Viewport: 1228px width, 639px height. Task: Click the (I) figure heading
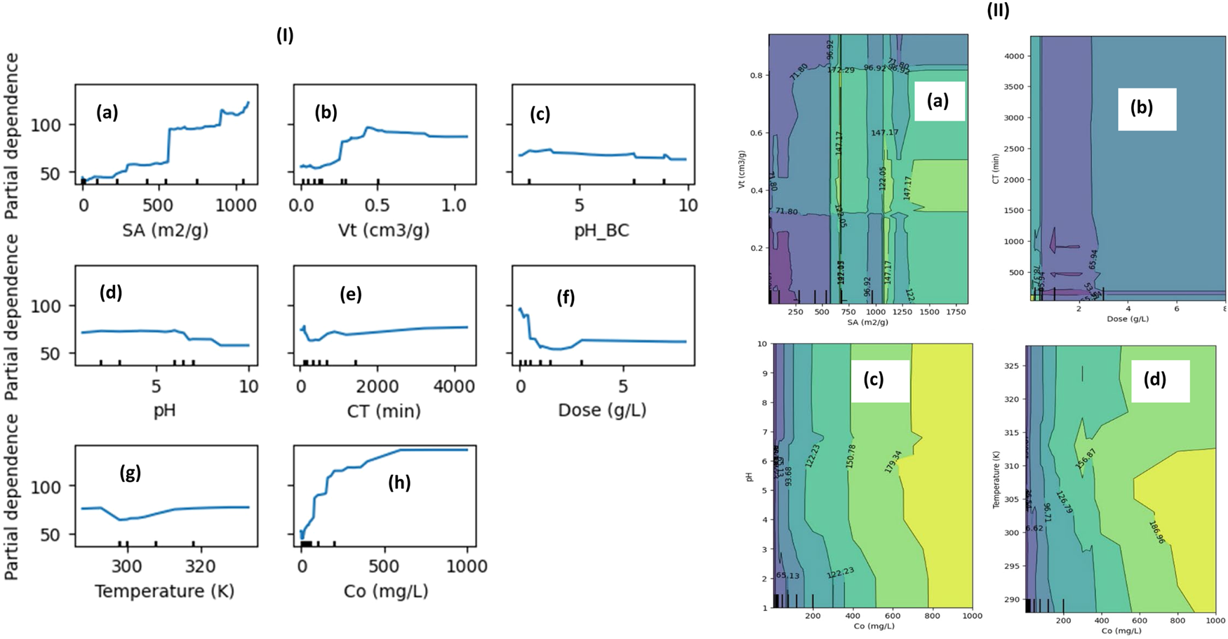(284, 36)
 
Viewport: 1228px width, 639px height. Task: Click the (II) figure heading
(998, 11)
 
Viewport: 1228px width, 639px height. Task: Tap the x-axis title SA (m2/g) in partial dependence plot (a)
(166, 229)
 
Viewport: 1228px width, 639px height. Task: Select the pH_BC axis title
(601, 229)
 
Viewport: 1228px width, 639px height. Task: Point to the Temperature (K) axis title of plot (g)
(164, 591)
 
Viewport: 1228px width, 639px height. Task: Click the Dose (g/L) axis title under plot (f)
(601, 410)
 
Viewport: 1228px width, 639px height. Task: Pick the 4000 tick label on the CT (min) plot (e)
(451, 386)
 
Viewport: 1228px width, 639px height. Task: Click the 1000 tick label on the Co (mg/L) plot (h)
(467, 566)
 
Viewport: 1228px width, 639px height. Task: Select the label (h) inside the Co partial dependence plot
(399, 483)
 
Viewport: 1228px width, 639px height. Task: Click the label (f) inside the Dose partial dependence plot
(566, 297)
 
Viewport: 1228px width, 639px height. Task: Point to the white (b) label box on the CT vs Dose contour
(1147, 109)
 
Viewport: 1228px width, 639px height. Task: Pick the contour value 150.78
(851, 456)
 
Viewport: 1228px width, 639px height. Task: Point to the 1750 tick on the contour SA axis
(956, 312)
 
